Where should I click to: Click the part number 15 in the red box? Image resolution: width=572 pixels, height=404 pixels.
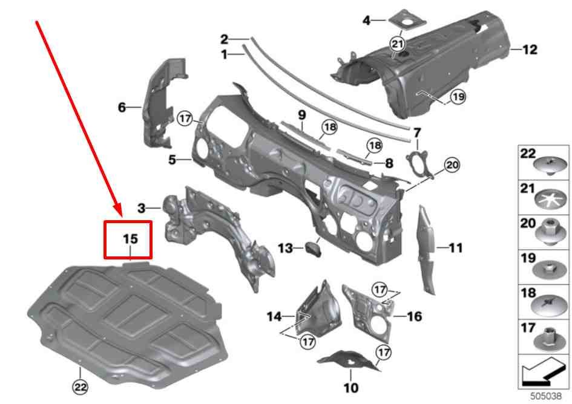pyautogui.click(x=131, y=239)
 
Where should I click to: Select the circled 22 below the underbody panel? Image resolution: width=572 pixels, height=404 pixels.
pyautogui.click(x=81, y=385)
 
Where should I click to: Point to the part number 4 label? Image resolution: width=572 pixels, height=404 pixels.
pyautogui.click(x=366, y=21)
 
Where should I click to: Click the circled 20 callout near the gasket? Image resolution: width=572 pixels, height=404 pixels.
pyautogui.click(x=452, y=164)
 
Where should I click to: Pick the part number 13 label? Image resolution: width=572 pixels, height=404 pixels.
pyautogui.click(x=284, y=248)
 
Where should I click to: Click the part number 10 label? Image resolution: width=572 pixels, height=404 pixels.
pyautogui.click(x=350, y=387)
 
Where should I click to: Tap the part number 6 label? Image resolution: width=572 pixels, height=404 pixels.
pyautogui.click(x=122, y=108)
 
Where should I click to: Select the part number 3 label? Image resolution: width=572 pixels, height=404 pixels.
pyautogui.click(x=141, y=209)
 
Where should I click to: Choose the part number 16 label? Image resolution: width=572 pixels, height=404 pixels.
pyautogui.click(x=415, y=316)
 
